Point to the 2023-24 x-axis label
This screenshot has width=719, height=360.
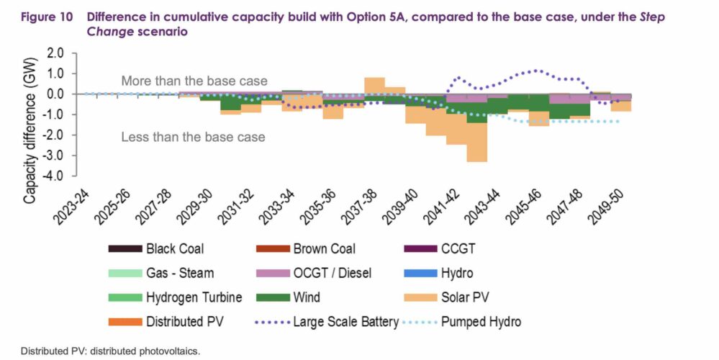tap(71, 204)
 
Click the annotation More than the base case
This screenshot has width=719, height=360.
tap(194, 81)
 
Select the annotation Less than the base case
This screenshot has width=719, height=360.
tap(193, 137)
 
